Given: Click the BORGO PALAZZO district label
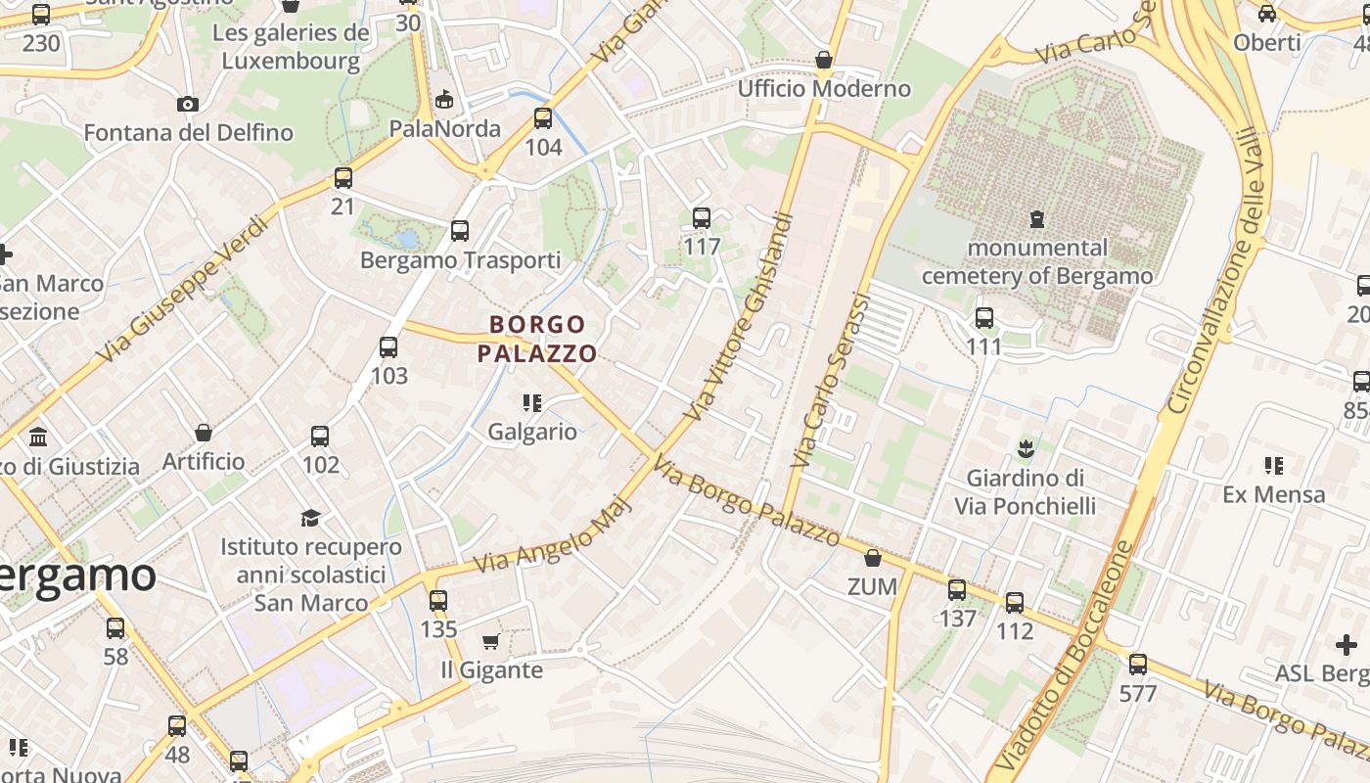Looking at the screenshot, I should [537, 339].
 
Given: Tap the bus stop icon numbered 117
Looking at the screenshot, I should [702, 217].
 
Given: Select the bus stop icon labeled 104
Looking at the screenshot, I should [543, 118].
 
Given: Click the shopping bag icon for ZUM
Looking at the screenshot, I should [872, 558].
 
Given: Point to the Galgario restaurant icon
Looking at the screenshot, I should [532, 402].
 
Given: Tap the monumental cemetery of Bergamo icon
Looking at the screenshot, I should [1037, 219].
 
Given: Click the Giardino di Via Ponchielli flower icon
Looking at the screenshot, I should [1026, 449].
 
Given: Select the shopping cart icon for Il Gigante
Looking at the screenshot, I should [490, 641].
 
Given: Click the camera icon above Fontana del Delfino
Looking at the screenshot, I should [188, 104].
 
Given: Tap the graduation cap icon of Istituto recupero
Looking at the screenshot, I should [310, 517].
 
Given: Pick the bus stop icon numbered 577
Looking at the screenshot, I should [1137, 665].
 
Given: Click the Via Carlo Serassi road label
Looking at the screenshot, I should [831, 380].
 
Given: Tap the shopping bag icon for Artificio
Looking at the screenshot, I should [204, 432].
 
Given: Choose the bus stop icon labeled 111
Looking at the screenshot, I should [984, 318].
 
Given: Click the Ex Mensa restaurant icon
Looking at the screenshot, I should [1273, 465].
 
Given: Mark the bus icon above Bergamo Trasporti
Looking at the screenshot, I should [460, 231].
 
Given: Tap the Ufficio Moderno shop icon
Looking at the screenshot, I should [824, 60].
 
